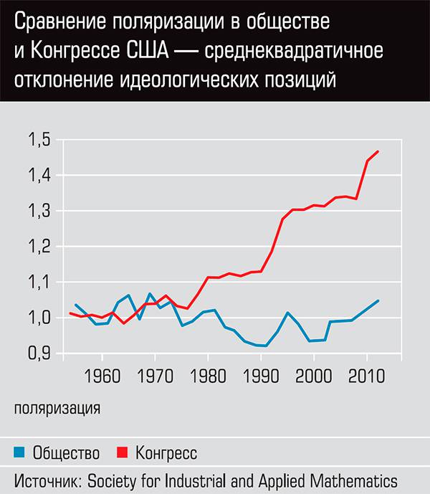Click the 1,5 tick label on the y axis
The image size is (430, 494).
(x=39, y=140)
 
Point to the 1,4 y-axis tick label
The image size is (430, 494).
(x=39, y=175)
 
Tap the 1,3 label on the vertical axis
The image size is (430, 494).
(x=39, y=211)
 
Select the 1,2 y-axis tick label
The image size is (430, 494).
(x=39, y=247)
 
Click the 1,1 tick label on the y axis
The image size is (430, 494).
(x=39, y=282)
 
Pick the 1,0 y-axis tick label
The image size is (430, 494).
(x=39, y=318)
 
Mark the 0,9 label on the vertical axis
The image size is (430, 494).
(x=39, y=353)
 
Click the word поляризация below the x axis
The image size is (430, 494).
(x=57, y=409)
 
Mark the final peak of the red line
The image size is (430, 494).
(x=378, y=151)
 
